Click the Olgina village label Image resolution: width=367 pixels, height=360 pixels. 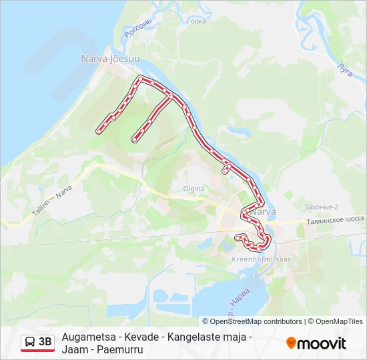(194, 189)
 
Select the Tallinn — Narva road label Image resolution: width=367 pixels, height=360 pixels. (52, 199)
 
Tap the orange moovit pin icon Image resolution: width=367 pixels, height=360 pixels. (291, 343)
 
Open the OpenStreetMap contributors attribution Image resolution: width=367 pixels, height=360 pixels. (256, 321)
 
